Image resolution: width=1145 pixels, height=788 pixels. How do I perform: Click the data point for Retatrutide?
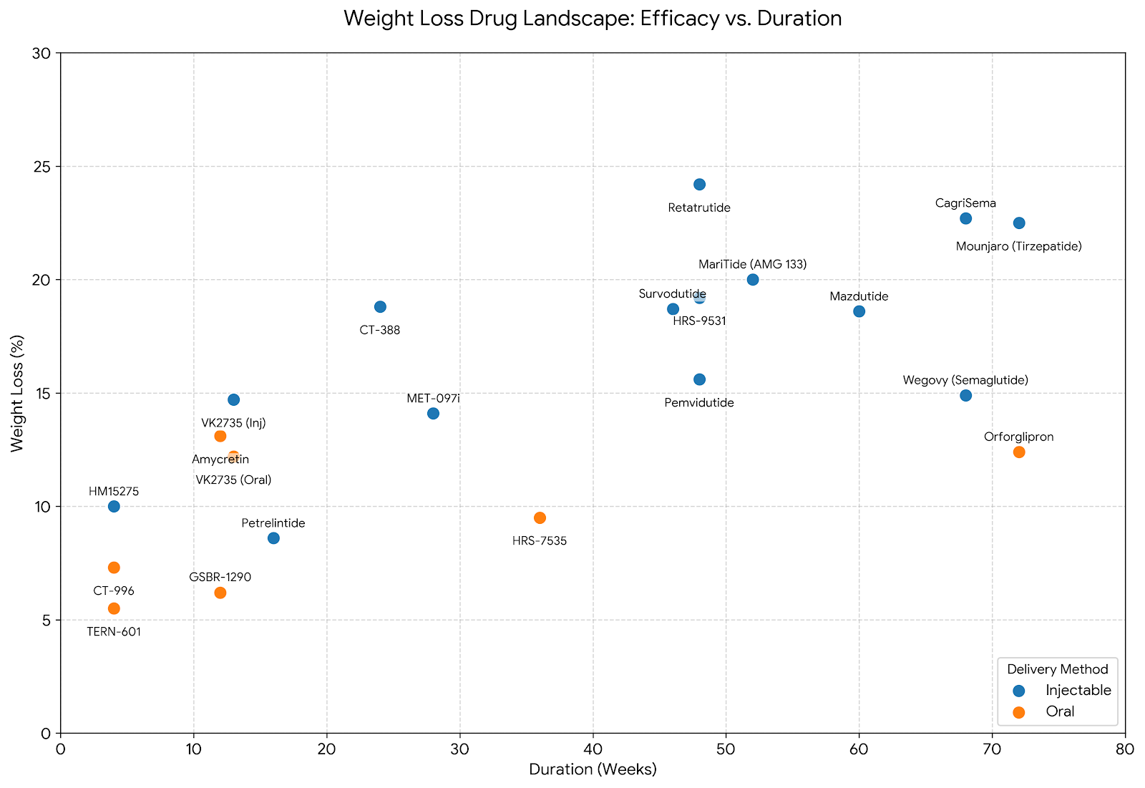699,185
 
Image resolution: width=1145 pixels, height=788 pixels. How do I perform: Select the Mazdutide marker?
859,311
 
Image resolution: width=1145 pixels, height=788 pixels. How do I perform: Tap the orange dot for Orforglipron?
1019,452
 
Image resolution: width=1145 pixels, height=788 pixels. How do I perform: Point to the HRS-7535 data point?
540,517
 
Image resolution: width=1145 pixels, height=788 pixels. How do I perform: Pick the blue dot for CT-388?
380,307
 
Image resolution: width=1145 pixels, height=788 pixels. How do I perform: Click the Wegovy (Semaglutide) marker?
965,395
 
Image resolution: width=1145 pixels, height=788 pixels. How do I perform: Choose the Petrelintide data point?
273,538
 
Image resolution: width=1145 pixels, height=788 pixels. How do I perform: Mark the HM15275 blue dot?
114,507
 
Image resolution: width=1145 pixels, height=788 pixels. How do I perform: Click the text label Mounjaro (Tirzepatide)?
1018,247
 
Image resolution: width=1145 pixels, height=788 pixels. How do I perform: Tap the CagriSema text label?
965,204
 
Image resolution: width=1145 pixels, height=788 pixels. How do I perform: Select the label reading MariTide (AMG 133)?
752,265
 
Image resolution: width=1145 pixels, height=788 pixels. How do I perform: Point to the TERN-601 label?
114,633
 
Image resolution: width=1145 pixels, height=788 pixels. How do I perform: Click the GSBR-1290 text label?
220,578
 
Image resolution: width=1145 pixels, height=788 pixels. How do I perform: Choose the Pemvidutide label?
699,403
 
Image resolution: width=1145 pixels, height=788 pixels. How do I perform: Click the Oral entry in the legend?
1060,712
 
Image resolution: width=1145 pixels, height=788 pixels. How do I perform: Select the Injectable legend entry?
1078,691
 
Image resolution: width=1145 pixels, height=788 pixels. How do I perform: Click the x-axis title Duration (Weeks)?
593,770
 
